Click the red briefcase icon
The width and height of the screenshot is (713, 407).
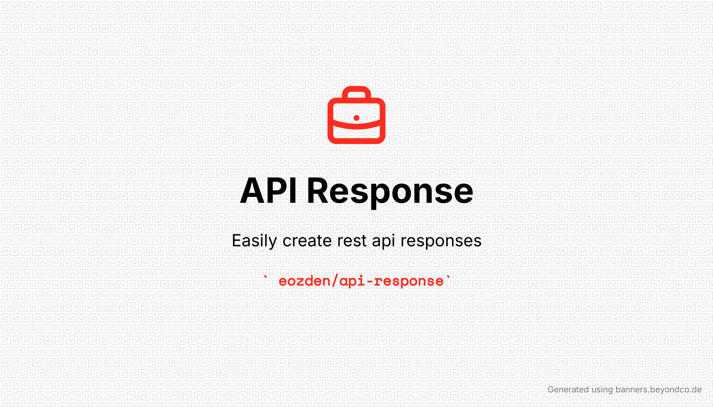pyautogui.click(x=356, y=115)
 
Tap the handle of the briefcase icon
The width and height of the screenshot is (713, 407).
pyautogui.click(x=356, y=89)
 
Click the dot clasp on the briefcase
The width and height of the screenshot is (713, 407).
pyautogui.click(x=356, y=118)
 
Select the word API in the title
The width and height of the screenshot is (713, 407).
pyautogui.click(x=268, y=191)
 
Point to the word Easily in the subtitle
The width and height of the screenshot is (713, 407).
pyautogui.click(x=254, y=241)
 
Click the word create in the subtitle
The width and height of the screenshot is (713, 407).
pyautogui.click(x=307, y=241)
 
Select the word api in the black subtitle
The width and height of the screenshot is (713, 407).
pyautogui.click(x=383, y=241)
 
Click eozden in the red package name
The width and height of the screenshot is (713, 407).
pyautogui.click(x=305, y=281)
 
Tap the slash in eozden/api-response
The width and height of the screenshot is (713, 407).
pyautogui.click(x=335, y=281)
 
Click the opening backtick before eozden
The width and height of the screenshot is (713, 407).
pyautogui.click(x=266, y=277)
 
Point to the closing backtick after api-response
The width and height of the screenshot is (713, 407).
pyautogui.click(x=448, y=277)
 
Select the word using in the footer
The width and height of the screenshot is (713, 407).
pyautogui.click(x=602, y=390)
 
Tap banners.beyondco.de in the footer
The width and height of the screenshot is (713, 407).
pyautogui.click(x=659, y=390)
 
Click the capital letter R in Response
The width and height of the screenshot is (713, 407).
pyautogui.click(x=318, y=191)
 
